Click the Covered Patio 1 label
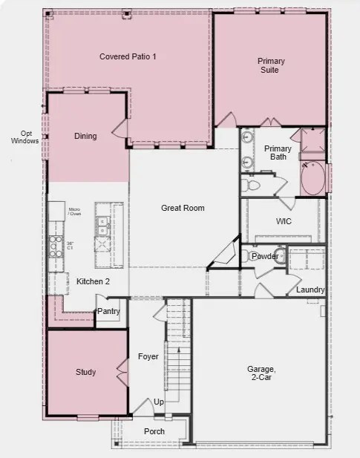pos(128,56)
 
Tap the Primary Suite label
pos(272,65)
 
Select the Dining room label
pos(85,136)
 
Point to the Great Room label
pos(183,208)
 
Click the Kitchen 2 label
pos(93,281)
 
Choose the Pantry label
pos(108,312)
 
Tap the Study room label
pos(85,372)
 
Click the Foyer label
pos(148,356)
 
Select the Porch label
pos(154,431)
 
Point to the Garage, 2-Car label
pos(261,373)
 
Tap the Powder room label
pos(265,256)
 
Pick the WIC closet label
pos(284,221)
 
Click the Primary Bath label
pos(278,152)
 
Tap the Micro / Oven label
pos(74,212)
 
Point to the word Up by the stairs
pos(159,402)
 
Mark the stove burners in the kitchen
pos(55,244)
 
